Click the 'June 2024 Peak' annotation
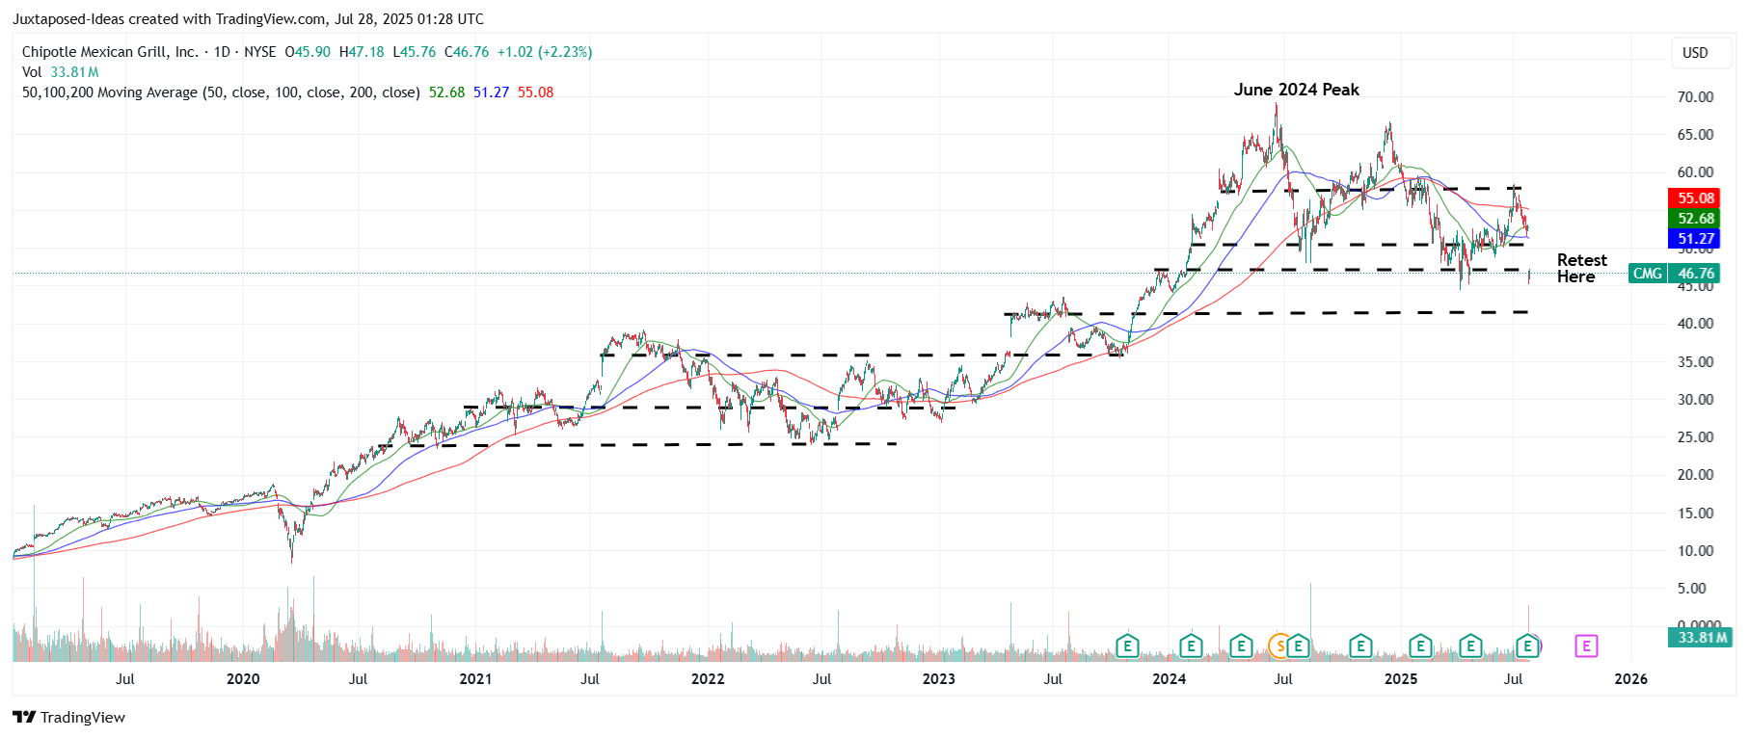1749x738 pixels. tap(1296, 90)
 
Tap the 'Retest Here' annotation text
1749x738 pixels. tap(1581, 268)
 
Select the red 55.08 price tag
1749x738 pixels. tap(1695, 198)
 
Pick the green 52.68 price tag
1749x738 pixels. tap(1695, 219)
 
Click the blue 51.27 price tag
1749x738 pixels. tap(1695, 239)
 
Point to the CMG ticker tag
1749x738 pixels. tap(1647, 274)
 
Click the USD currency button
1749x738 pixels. tap(1695, 53)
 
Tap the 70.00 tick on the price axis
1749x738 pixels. tap(1695, 97)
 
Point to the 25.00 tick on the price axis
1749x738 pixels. tap(1695, 437)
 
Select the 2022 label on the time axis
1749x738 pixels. tap(708, 679)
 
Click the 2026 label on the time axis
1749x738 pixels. tap(1630, 679)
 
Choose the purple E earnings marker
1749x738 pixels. tap(1586, 646)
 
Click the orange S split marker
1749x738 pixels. tap(1279, 646)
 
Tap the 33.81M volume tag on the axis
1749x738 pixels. tap(1702, 638)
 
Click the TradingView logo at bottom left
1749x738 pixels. tap(69, 718)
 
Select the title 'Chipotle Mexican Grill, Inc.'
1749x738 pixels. tap(110, 52)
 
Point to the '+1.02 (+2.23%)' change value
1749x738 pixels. tap(544, 52)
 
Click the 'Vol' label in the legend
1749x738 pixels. tap(32, 72)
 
